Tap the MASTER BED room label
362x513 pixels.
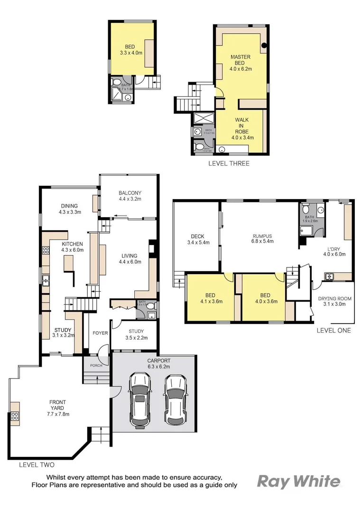pyautogui.click(x=241, y=63)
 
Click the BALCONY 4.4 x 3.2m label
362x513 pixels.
pyautogui.click(x=130, y=196)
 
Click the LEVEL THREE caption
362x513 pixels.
pyautogui.click(x=229, y=163)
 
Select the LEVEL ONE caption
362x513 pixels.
pyautogui.click(x=334, y=330)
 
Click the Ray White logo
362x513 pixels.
pyautogui.click(x=298, y=481)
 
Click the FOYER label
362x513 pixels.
pyautogui.click(x=100, y=333)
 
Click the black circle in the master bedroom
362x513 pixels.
pyautogui.click(x=264, y=46)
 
